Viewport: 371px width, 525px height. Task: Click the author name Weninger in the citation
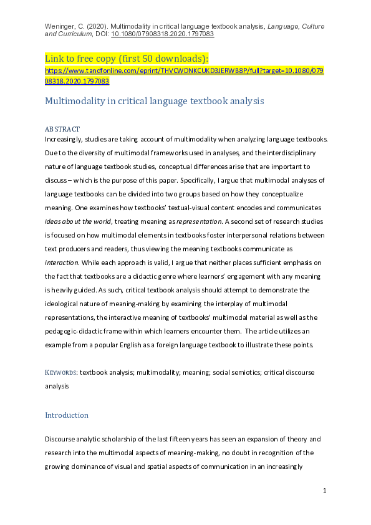59,27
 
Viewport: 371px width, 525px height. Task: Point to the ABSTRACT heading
62,129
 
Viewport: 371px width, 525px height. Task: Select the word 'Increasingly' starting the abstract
64,139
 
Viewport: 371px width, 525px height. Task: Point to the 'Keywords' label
60,372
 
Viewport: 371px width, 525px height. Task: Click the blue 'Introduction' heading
67,415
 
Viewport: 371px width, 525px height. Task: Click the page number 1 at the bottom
325,491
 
